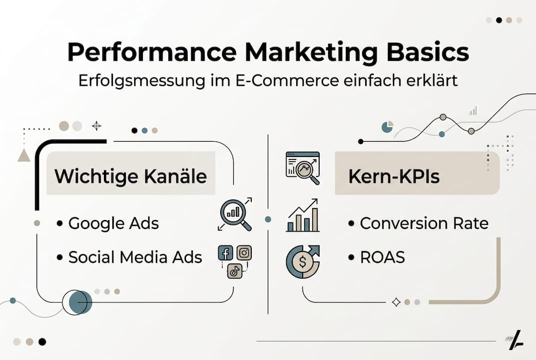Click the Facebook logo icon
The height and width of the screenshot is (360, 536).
pos(226,253)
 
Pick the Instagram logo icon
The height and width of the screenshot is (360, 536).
pos(244,253)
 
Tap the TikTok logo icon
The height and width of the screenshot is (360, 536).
pos(234,271)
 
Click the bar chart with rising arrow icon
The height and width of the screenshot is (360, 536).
pos(302,216)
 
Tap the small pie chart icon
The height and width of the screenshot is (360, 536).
pos(387,126)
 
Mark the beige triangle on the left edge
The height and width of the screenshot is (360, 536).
pos(23,155)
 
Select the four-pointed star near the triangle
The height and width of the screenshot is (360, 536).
pos(96,126)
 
